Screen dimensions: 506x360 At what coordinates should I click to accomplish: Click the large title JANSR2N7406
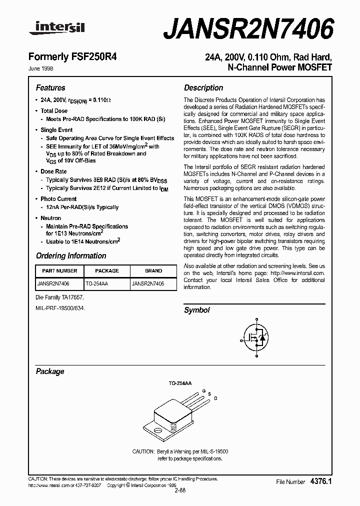click(248, 28)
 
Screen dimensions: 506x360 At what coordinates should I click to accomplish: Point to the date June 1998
click(44, 68)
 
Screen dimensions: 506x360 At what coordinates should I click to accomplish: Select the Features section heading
click(50, 87)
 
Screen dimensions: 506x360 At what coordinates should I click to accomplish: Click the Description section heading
click(203, 87)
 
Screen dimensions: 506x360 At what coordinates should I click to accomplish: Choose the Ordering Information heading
click(71, 255)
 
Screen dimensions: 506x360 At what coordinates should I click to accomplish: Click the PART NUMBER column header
click(60, 270)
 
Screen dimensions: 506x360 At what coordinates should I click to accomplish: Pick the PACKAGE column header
click(107, 270)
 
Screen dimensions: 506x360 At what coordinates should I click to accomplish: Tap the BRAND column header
click(153, 270)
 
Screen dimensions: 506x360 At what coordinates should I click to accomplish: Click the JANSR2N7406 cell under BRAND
click(147, 283)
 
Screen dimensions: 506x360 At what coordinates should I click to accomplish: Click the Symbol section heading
click(197, 310)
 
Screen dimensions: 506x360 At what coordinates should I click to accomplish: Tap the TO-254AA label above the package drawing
click(179, 382)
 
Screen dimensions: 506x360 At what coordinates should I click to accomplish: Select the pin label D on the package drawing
click(215, 398)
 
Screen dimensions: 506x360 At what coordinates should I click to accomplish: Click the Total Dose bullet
click(54, 110)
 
